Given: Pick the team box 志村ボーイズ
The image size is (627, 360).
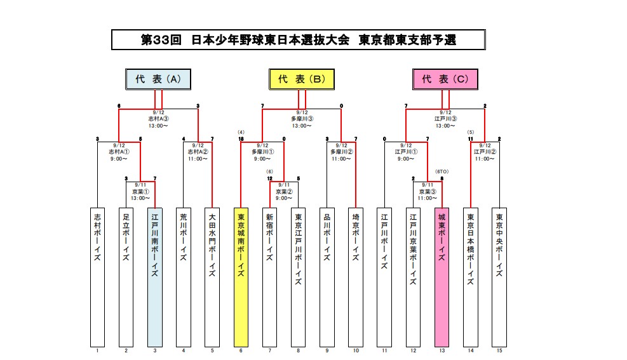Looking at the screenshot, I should pos(97,276).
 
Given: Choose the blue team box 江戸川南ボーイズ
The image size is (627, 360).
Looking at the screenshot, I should pos(154,276).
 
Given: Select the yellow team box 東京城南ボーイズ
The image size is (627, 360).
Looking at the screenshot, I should pos(241,276).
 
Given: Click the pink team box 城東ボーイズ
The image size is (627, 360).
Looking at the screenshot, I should pos(442,276).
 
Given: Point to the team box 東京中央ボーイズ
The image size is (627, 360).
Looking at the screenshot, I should pos(499,276).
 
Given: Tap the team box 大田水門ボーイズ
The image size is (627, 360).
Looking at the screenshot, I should pos(212,276).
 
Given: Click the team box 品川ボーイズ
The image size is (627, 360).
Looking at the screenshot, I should pos(327,276).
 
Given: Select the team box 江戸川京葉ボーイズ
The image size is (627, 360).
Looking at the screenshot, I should pos(413,276).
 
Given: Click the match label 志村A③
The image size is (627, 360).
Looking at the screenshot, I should pos(159,119).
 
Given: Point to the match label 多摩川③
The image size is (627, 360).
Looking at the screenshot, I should pos(302,119).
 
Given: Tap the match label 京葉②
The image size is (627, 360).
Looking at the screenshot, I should pos(285,191).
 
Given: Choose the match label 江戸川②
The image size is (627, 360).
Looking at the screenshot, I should pos(485,152).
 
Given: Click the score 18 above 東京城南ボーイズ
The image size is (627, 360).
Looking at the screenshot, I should pos(241,138).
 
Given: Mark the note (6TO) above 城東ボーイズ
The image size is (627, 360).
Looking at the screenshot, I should pos(442,171).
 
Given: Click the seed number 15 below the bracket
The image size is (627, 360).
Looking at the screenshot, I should pos(499,350).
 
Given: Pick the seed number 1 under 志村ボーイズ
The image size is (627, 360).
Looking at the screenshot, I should pos(97,350).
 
